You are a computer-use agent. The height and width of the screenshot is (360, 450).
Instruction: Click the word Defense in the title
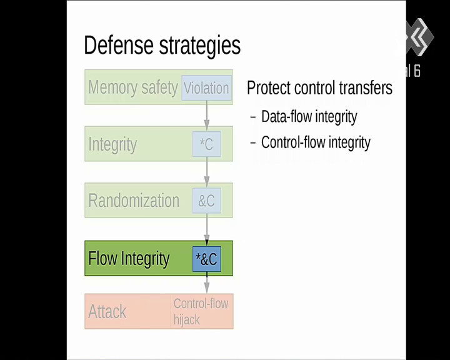tap(119, 45)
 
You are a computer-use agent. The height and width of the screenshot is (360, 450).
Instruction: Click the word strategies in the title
tap(200, 46)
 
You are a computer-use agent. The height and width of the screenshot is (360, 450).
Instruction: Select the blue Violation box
tap(206, 88)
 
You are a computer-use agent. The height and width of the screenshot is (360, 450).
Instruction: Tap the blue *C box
tap(207, 144)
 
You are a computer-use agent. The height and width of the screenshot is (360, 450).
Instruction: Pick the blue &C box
tap(207, 201)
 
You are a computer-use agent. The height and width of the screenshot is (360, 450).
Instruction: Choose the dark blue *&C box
tap(207, 259)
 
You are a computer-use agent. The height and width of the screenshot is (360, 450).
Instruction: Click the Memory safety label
tap(133, 87)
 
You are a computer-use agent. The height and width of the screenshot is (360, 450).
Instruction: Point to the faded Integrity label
tap(112, 144)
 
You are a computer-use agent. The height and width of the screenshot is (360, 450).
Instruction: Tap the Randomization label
tap(134, 201)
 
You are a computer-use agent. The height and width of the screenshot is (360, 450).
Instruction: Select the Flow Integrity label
tap(129, 259)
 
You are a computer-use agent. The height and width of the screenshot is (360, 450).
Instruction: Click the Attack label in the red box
tap(107, 311)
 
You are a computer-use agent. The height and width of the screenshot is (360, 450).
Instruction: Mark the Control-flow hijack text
tap(201, 312)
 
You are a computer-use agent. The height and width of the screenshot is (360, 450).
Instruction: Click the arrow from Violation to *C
tap(207, 115)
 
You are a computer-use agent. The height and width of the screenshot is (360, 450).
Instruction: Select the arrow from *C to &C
tap(207, 172)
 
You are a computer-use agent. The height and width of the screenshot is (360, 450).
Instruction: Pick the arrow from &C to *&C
tap(207, 229)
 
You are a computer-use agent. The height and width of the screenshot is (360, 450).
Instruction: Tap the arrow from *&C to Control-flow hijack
tap(207, 282)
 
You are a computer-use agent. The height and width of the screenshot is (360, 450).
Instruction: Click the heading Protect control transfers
tap(319, 88)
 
